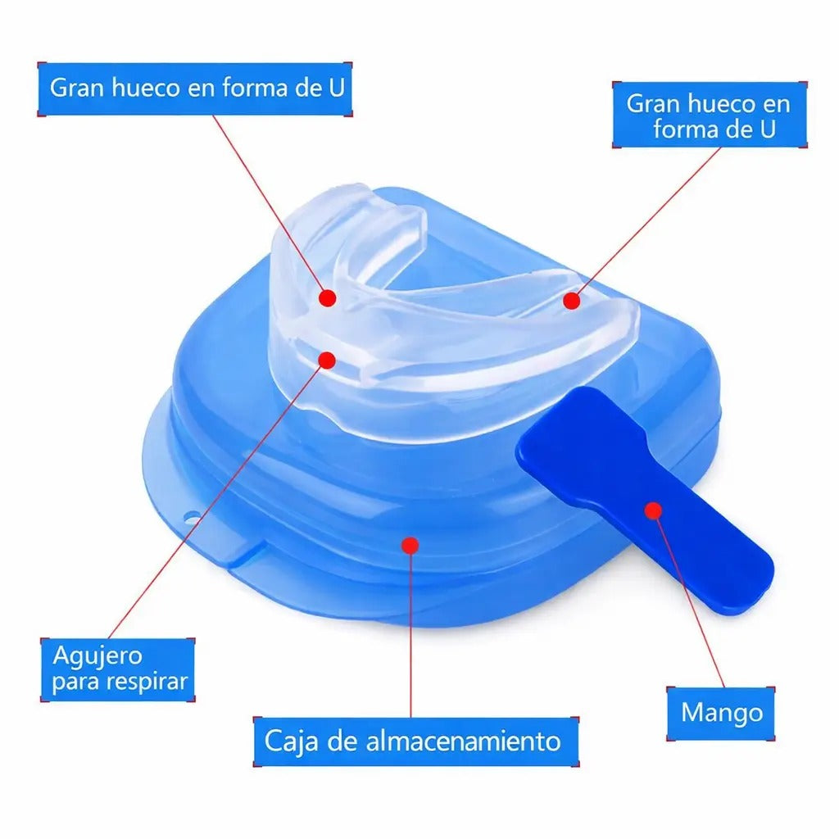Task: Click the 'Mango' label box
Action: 721,714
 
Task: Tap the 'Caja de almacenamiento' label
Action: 415,741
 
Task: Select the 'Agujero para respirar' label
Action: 118,669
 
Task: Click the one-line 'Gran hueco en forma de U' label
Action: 195,88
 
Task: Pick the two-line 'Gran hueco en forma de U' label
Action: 710,115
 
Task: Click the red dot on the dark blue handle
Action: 653,510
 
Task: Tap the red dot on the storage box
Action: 410,545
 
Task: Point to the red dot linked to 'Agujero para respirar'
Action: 327,361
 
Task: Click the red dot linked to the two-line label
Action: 571,301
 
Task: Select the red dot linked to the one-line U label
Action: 328,298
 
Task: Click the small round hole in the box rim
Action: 191,517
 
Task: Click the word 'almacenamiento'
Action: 464,741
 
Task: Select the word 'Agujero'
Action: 98,656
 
